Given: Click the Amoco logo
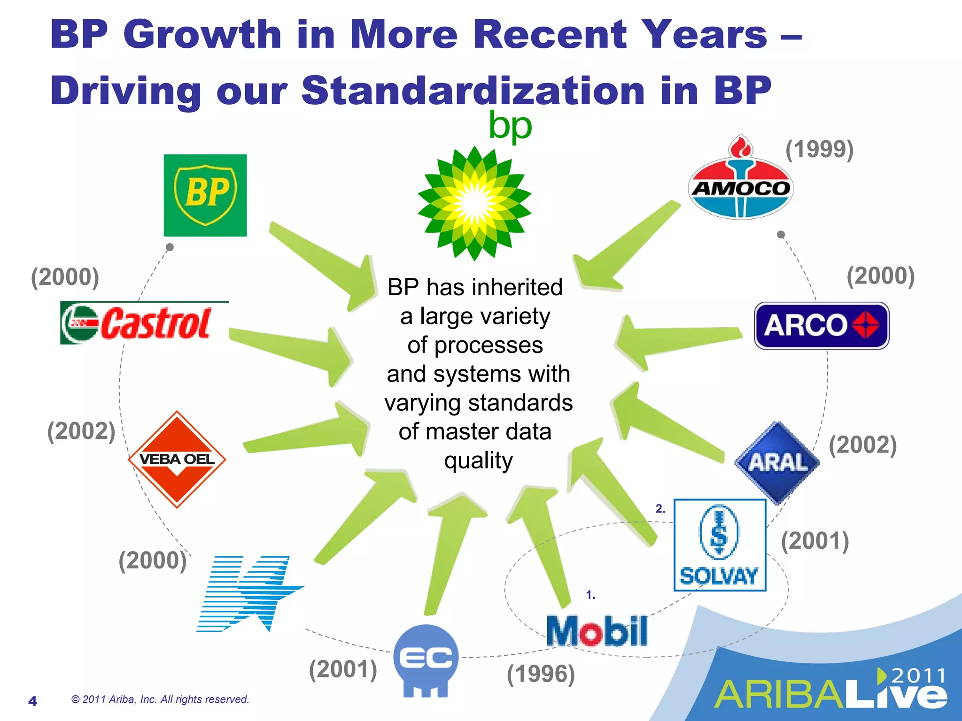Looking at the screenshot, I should tap(741, 183).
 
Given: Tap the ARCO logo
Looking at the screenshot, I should tap(822, 325).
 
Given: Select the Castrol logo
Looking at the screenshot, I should tap(143, 323).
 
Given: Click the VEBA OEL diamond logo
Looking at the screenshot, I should tap(177, 459).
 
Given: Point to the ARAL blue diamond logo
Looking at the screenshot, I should tap(777, 463).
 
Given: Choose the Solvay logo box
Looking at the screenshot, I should tap(720, 545).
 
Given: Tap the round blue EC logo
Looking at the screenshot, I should tap(426, 660).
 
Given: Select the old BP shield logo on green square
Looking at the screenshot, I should tap(205, 195).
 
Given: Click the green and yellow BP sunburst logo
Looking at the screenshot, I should tap(474, 203).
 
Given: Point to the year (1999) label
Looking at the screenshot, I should tap(819, 149).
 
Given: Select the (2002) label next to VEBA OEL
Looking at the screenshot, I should tap(81, 431).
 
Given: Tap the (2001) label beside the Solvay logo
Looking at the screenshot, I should tap(815, 541).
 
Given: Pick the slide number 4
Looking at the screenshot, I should tap(32, 701).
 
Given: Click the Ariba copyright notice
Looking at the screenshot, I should tap(160, 699).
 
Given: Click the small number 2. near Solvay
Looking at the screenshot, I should tap(660, 509).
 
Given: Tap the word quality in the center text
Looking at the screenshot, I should tap(478, 460).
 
